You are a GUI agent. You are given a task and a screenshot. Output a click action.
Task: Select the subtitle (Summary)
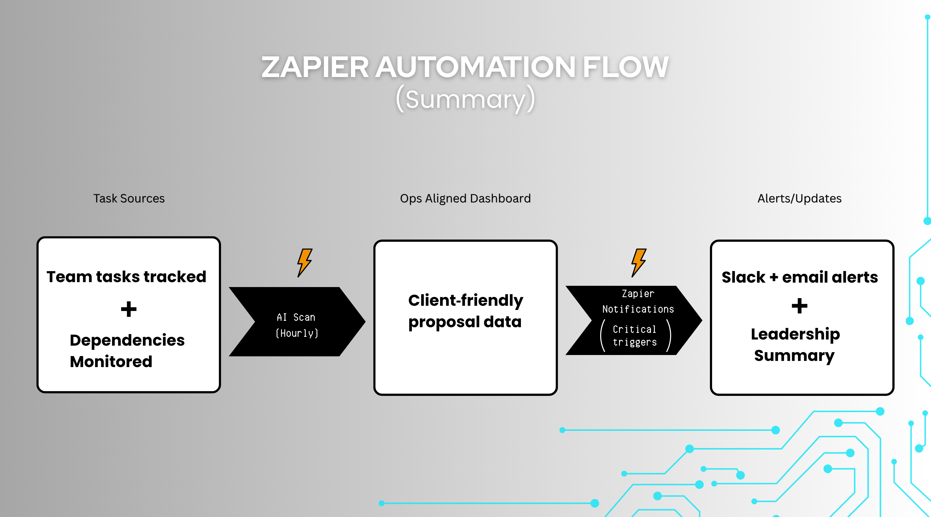465,99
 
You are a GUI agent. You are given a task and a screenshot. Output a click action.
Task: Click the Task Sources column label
129,198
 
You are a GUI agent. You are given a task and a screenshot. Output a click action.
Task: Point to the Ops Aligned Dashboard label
465,198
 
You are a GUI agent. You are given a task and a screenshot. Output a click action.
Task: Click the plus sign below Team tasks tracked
129,309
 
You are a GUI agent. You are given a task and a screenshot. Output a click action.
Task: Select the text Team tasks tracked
127,277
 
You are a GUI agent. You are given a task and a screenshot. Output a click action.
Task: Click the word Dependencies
127,340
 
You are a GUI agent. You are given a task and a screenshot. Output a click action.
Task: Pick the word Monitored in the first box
111,362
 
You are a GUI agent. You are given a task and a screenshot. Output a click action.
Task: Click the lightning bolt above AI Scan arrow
304,263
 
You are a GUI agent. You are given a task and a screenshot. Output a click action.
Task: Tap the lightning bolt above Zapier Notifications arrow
639,263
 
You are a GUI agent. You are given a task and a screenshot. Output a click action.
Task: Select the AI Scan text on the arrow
296,317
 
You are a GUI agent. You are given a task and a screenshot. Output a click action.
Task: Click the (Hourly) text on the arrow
297,333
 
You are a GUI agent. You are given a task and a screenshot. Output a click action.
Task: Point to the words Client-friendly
465,300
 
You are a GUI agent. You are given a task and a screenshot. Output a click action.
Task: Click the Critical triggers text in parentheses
635,336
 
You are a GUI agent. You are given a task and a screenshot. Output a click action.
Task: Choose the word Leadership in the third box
795,334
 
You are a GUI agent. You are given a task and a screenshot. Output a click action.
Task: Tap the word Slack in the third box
743,277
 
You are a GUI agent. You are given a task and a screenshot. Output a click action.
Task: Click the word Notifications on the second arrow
638,309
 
